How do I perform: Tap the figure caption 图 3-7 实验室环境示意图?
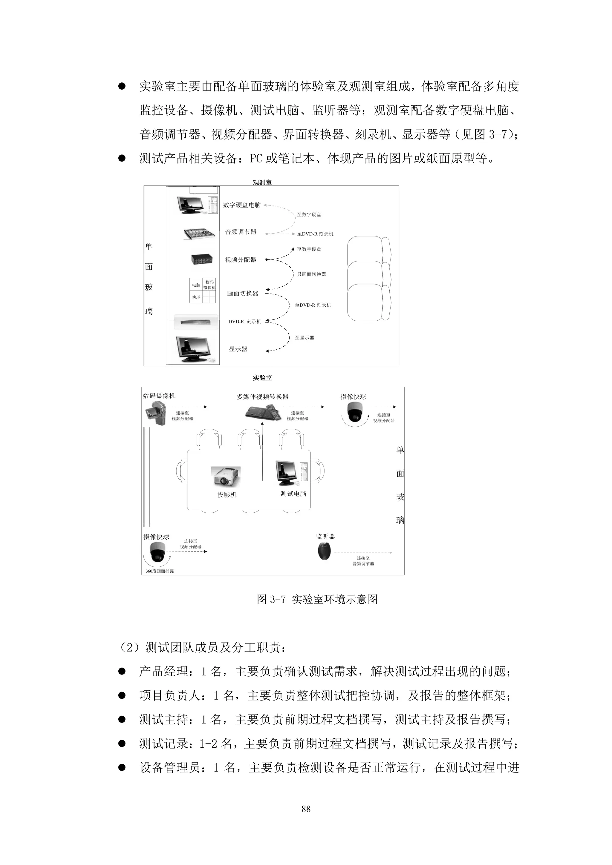317,599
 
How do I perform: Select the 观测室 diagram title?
262,183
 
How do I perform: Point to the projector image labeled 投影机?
226,477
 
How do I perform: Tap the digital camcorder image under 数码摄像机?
155,413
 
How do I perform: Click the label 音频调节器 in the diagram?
241,232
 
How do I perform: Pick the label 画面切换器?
242,294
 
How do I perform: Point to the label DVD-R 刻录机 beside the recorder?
245,322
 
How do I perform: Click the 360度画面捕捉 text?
160,571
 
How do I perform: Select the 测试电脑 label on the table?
293,494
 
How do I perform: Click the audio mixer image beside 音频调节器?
200,233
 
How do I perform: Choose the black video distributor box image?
202,259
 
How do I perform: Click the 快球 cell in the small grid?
196,297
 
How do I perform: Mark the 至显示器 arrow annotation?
304,338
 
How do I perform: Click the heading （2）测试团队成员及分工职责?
203,647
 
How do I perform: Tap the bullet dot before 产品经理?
122,671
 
